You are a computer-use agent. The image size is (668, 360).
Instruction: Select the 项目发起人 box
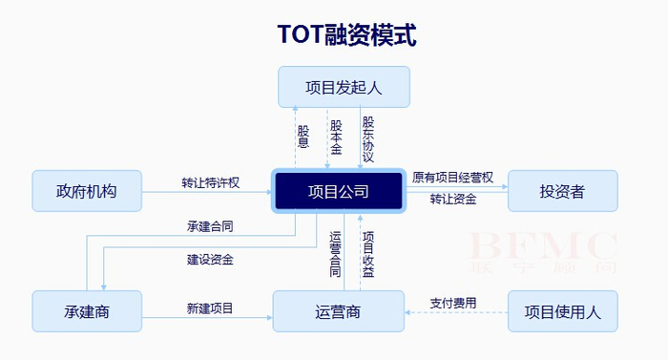point(344,87)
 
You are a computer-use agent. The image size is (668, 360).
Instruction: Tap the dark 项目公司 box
point(340,191)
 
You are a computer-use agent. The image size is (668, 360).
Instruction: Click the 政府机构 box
point(87,191)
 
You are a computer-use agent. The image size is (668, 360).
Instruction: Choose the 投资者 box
point(562,191)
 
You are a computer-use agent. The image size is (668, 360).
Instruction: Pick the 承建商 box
point(87,311)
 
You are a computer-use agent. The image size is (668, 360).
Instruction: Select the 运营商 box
point(338,311)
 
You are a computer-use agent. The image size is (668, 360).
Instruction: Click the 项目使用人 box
point(562,311)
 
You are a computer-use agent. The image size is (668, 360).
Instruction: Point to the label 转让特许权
point(210,182)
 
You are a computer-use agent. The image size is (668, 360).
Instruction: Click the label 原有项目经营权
point(452,178)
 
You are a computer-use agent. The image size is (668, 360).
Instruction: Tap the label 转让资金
point(452,200)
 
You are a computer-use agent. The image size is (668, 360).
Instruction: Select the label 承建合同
point(211,227)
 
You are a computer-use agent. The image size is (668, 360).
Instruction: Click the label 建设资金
point(211,259)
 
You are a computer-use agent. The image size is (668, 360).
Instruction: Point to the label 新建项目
point(210,307)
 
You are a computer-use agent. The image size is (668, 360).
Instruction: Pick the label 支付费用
point(452,303)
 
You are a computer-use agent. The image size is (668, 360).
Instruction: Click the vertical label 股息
point(303,137)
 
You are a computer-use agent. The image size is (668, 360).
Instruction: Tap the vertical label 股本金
point(336,138)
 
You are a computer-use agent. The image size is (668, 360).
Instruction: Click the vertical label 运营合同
point(335,254)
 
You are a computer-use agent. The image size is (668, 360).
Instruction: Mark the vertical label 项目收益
point(368,254)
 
